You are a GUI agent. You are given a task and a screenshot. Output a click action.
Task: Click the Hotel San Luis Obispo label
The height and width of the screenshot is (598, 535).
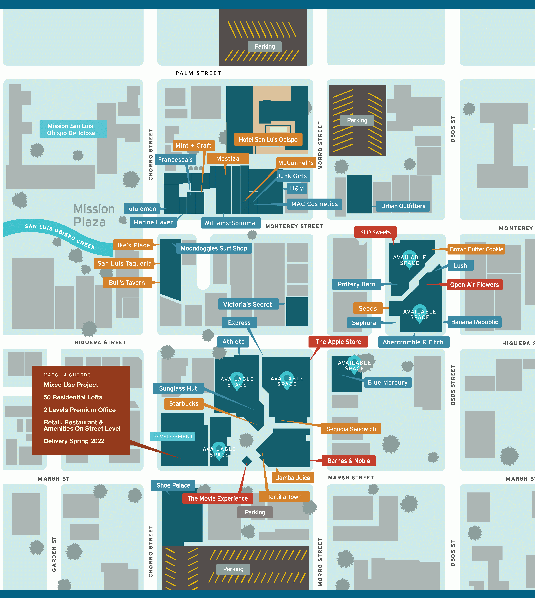pos(268,140)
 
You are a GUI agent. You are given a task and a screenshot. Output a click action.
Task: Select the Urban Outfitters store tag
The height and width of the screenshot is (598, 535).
pos(403,206)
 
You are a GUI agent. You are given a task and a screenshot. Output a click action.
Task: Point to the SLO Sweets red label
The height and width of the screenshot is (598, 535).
pos(375,232)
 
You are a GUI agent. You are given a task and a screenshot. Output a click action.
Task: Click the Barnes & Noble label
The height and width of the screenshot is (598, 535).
pos(349,461)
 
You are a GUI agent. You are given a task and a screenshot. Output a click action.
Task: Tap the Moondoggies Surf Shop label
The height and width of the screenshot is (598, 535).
pos(214,248)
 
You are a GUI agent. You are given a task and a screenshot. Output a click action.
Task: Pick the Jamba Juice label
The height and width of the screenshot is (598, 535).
pos(293,478)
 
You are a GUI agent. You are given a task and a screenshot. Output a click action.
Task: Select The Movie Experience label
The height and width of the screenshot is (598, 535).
pos(218,498)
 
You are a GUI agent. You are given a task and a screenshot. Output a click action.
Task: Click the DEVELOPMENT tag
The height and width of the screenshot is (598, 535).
pos(173,437)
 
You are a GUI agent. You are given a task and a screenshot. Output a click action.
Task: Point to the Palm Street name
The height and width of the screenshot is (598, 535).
pos(198,73)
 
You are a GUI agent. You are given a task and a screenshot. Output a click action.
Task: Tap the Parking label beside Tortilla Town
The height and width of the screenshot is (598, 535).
pos(255,512)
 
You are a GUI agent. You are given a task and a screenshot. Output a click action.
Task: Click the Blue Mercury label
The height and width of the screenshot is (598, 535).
pos(388,382)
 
